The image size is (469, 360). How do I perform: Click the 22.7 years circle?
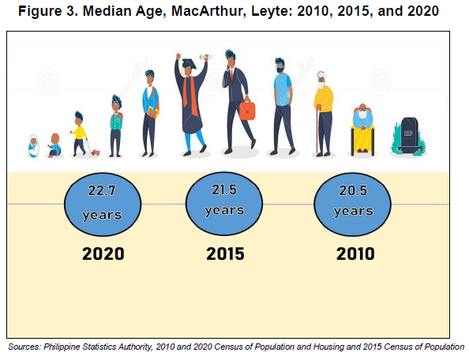pyautogui.click(x=103, y=204)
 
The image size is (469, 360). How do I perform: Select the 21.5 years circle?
pyautogui.click(x=224, y=204)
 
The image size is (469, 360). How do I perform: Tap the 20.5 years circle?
pyautogui.click(x=352, y=204)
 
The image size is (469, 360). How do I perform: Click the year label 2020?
pyautogui.click(x=103, y=254)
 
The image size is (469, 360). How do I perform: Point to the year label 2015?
pyautogui.click(x=225, y=254)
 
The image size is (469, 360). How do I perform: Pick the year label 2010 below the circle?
pyautogui.click(x=355, y=254)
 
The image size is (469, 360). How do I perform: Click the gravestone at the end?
pyautogui.click(x=409, y=136)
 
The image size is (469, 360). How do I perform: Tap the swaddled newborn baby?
pyautogui.click(x=33, y=146)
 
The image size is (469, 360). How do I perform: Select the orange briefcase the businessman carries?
pyautogui.click(x=247, y=110)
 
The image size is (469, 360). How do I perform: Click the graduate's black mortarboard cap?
pyautogui.click(x=189, y=64)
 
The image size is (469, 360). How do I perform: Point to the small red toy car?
pyautogui.click(x=96, y=153)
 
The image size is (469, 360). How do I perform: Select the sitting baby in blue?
pyautogui.click(x=54, y=145)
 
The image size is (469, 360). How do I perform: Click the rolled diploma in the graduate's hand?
pyautogui.click(x=207, y=57)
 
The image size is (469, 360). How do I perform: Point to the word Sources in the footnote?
pyautogui.click(x=24, y=347)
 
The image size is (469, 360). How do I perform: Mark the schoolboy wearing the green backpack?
pyautogui.click(x=116, y=126)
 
